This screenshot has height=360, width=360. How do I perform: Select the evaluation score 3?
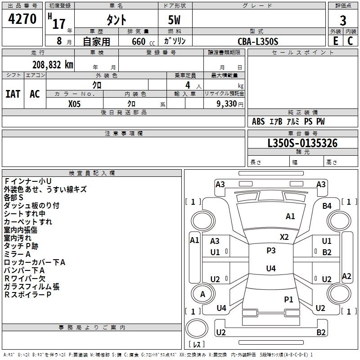pos(343,21)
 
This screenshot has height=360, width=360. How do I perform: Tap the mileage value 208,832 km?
pos(53,64)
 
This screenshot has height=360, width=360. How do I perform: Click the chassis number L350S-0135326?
pos(302,144)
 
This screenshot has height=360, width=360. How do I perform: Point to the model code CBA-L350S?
pos(258,41)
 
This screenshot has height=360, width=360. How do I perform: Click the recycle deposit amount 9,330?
pos(224,103)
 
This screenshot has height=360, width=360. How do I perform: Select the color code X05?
pos(75,103)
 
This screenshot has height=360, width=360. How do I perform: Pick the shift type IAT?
pos(13,94)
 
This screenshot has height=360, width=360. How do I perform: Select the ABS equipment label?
pos(258,121)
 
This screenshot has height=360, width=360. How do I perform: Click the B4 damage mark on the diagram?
pos(327,206)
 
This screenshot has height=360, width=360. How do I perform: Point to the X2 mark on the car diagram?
pos(284,237)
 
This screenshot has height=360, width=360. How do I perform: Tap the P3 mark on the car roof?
pos(270,251)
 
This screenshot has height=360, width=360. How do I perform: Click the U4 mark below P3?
pos(270,269)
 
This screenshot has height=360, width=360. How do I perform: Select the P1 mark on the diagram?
pos(288,299)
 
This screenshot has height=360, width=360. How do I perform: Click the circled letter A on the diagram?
pos(202,294)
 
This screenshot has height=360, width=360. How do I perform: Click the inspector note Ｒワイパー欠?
pos(25,279)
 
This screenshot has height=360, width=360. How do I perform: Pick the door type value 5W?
pos(175,21)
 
